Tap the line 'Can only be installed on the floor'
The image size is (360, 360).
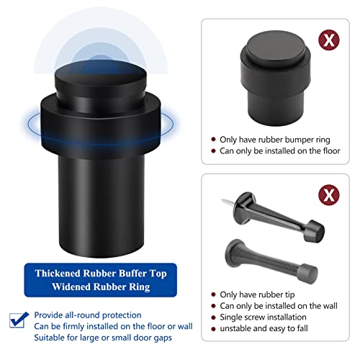click(x=282, y=150)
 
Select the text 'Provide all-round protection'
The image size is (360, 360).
click(x=87, y=315)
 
